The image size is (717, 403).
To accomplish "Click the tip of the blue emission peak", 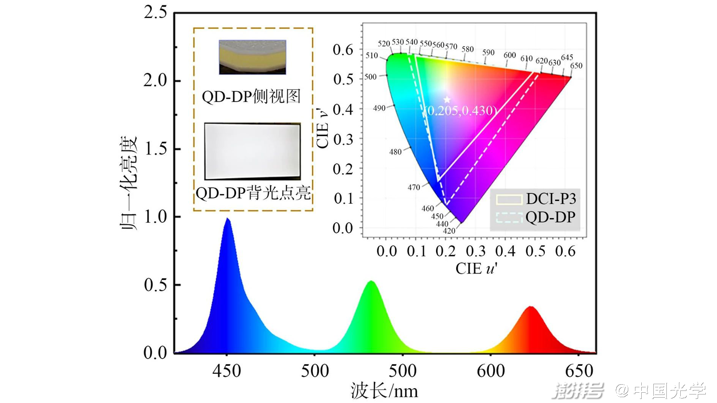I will coord(228,219).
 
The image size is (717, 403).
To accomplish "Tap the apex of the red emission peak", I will coord(531,307).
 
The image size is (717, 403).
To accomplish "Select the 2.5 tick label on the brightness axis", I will coord(155,13).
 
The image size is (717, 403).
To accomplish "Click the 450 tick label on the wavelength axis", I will coord(227,371).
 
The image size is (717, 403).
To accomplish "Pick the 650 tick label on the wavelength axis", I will coord(579,371).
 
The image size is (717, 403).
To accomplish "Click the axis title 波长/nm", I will coord(384,390).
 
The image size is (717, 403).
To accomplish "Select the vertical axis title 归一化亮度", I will coord(129,183).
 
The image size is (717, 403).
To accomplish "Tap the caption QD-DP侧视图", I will coord(251,96).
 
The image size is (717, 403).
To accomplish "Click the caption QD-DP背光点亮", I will coord(253,193).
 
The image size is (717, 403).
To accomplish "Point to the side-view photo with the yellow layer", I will coord(252,57).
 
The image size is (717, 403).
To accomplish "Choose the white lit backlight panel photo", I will coord(252,151).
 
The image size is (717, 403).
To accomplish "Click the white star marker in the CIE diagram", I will coord(447,100).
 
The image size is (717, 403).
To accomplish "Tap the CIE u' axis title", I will coord(476,269).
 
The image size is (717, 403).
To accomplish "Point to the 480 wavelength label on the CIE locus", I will coord(395,152).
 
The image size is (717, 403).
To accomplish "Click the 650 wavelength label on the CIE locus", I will coord(576,66).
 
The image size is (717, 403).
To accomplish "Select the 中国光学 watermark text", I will coord(669,390).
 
